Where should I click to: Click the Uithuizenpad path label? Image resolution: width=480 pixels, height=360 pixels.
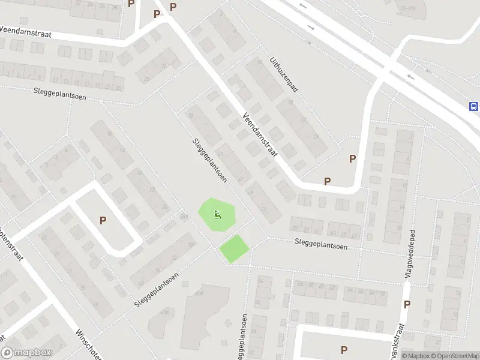tap(284, 75)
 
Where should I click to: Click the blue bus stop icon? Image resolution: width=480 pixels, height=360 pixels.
tap(474, 107)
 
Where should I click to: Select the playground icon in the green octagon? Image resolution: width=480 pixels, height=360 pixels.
tap(217, 214)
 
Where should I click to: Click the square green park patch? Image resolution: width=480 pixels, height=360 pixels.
tap(234, 248)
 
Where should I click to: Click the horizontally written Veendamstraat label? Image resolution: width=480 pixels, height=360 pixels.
tap(26, 32)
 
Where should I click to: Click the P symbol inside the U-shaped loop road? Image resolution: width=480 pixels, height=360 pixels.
tap(103, 221)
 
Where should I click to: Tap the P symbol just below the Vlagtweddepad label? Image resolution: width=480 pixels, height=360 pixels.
tap(407, 304)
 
